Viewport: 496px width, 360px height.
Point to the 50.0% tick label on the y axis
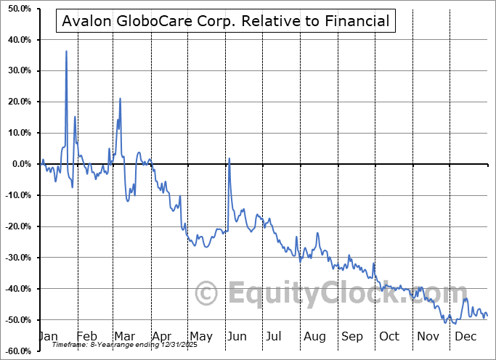17,8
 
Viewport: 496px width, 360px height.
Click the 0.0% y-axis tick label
19,164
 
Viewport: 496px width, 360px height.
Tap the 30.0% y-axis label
17,70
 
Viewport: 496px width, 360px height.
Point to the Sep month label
352,337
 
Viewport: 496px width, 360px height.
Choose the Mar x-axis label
124,337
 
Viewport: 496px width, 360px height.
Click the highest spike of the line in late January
66,52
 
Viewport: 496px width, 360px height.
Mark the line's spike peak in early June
229,158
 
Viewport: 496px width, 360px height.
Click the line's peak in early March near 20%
120,99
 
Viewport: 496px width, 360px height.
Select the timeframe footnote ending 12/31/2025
105,345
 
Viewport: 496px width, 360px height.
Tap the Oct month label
390,337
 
